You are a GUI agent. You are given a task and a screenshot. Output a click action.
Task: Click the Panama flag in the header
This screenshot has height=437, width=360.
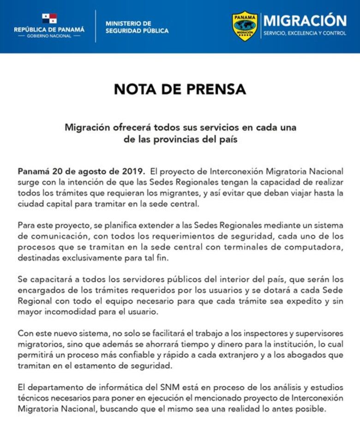(x=49, y=18)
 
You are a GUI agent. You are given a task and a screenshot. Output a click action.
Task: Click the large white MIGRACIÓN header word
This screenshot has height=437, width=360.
(x=305, y=21)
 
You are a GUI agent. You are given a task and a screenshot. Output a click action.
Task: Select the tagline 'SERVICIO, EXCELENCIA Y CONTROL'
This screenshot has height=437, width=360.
(x=305, y=33)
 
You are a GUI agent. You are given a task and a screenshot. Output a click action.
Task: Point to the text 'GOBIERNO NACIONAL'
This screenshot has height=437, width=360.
(x=49, y=36)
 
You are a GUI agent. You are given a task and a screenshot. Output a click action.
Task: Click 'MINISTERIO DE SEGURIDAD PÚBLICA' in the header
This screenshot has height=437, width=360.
(x=137, y=27)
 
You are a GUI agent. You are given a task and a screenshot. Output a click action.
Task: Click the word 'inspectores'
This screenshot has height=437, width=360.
(x=258, y=333)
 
